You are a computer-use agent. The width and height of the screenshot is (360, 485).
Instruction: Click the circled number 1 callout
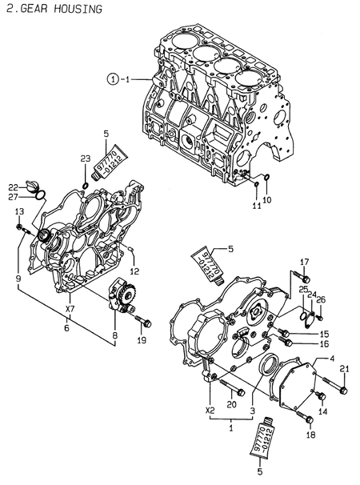click(x=114, y=78)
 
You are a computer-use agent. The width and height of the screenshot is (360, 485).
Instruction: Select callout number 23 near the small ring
click(x=84, y=159)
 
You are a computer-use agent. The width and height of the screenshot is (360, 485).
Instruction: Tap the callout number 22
click(x=14, y=186)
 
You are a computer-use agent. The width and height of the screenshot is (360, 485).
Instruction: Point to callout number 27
click(x=14, y=196)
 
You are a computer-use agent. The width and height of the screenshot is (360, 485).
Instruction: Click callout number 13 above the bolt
click(x=18, y=210)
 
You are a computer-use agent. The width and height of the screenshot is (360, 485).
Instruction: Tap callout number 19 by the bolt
click(x=142, y=340)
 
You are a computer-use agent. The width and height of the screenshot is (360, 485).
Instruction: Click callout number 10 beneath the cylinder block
click(x=267, y=198)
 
